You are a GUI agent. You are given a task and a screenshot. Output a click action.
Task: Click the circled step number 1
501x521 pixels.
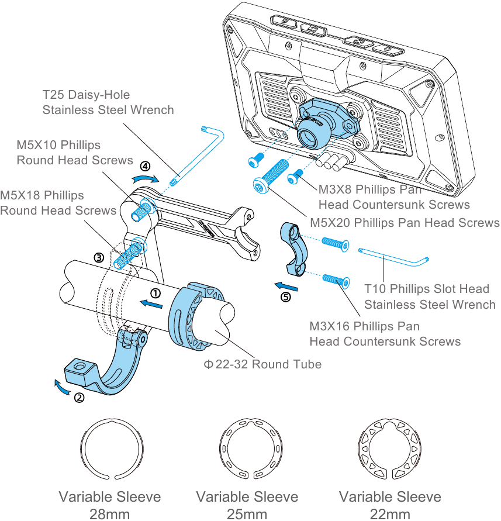click(156, 293)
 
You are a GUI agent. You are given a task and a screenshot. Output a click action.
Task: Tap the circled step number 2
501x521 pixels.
click(79, 398)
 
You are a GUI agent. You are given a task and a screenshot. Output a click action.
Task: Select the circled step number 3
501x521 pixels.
click(99, 257)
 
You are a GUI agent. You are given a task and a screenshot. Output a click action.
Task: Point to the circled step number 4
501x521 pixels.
click(145, 166)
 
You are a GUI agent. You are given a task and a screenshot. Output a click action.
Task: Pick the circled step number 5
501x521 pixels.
click(286, 296)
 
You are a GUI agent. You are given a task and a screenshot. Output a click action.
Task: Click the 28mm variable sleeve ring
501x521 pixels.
click(81, 448)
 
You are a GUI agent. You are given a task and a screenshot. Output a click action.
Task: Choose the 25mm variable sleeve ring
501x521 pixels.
click(221, 448)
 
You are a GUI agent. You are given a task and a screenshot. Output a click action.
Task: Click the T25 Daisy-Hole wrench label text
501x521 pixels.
click(108, 102)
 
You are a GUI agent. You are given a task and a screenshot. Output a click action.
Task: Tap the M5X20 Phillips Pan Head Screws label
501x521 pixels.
click(405, 223)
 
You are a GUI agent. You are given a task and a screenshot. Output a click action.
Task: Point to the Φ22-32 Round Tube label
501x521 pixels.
click(262, 364)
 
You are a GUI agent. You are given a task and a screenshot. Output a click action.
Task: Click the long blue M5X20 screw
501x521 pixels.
click(270, 177)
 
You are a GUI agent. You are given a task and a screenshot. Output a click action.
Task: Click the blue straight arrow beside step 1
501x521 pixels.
click(151, 304)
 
